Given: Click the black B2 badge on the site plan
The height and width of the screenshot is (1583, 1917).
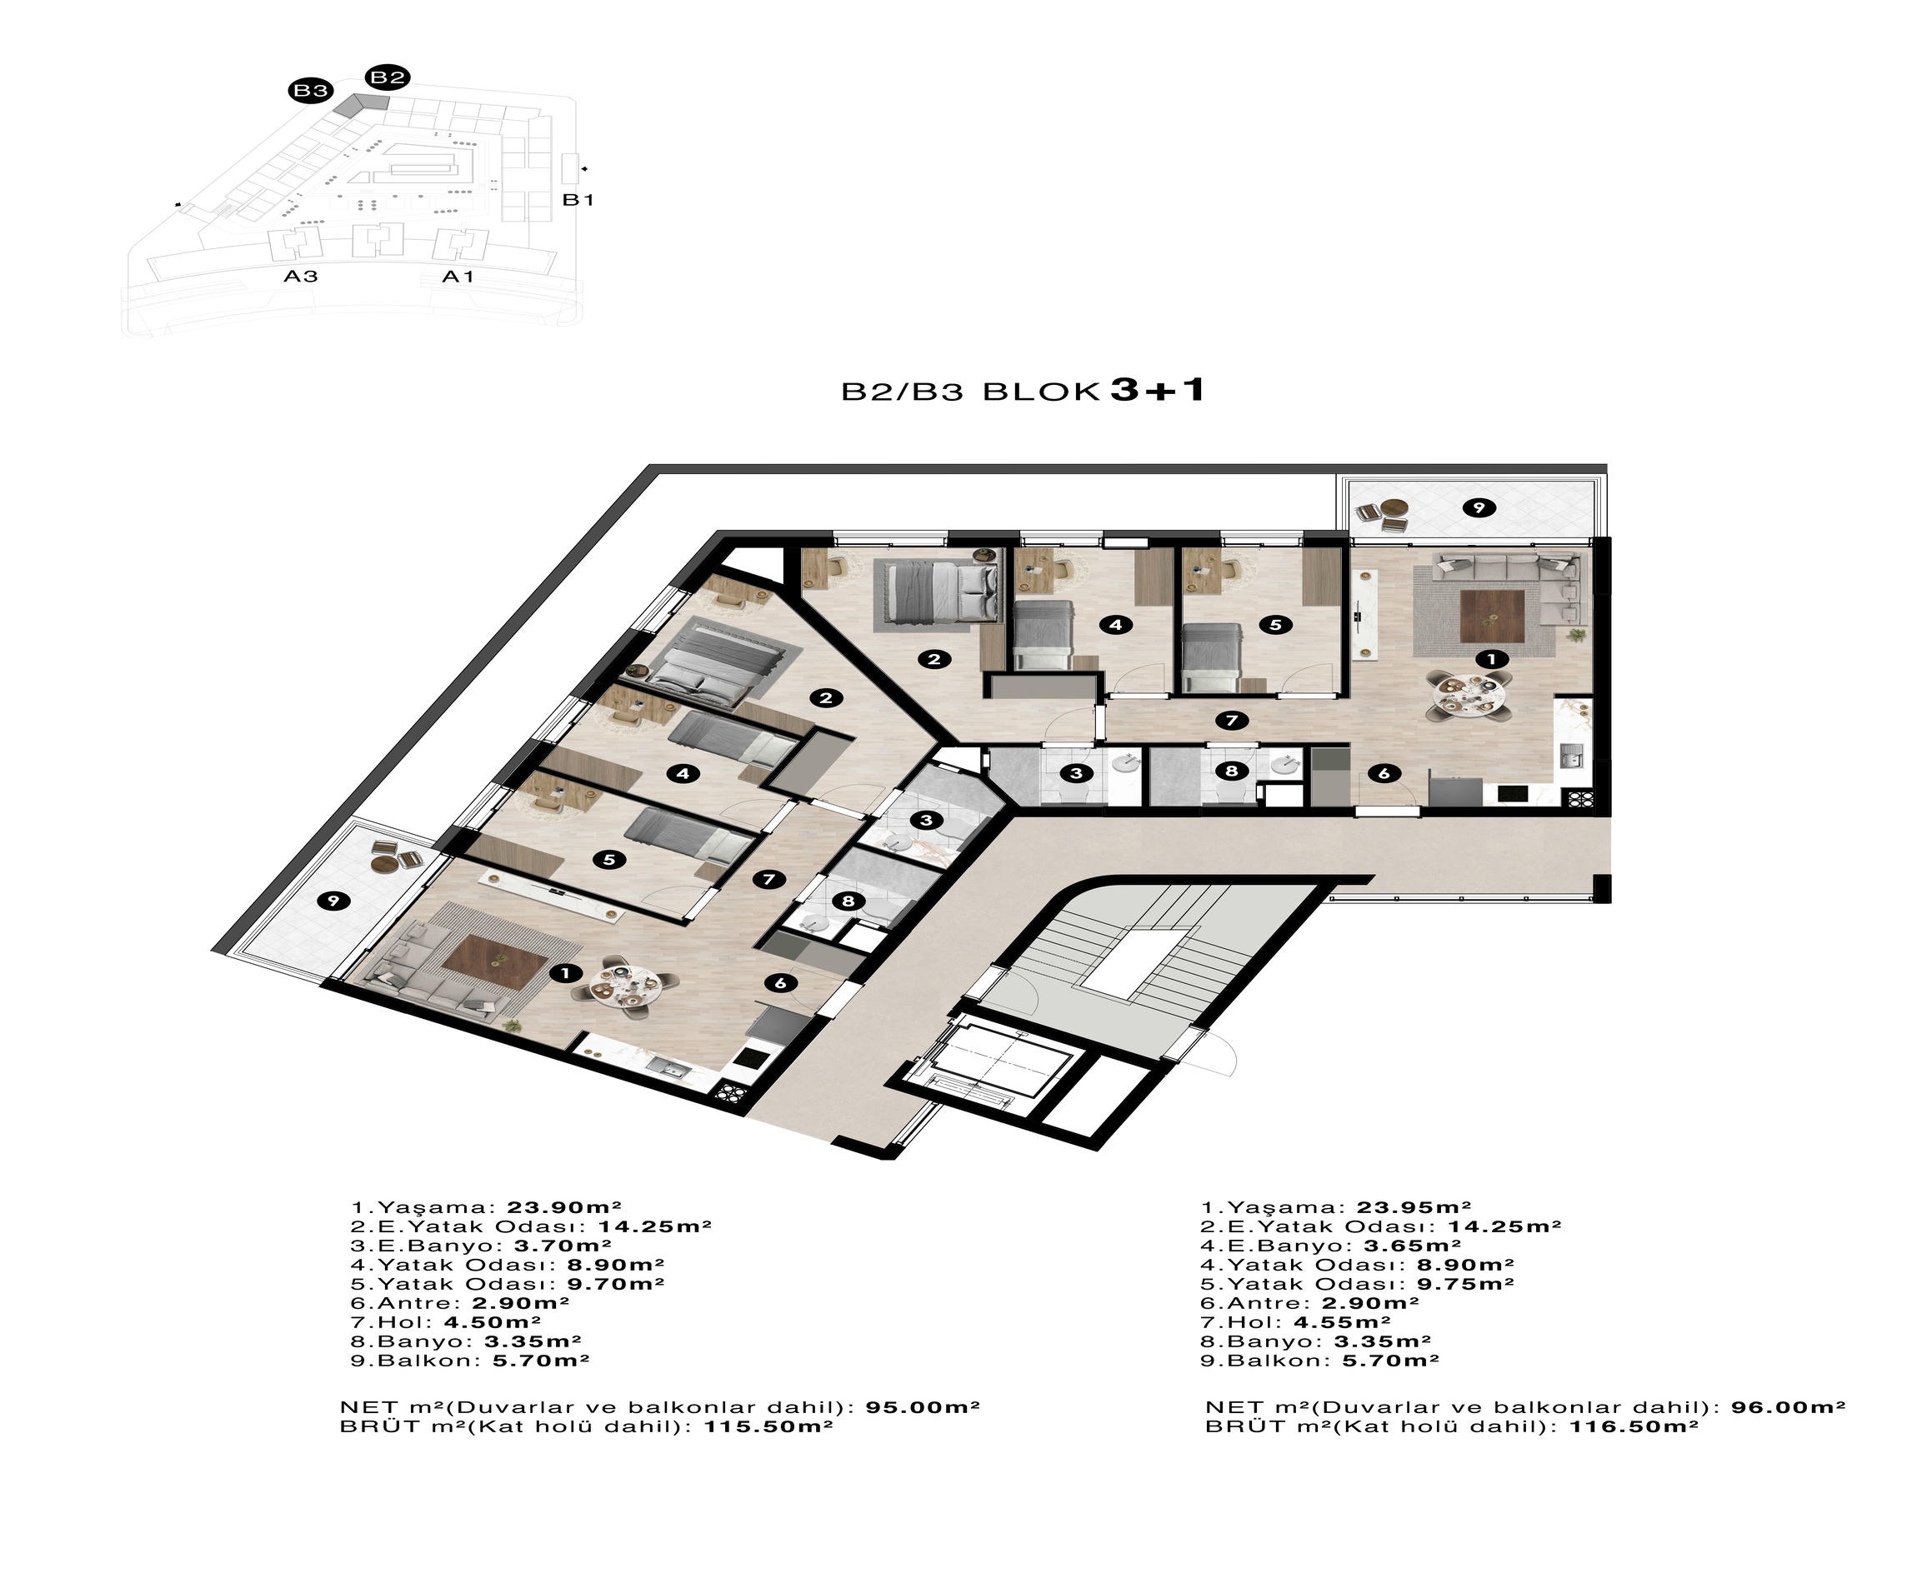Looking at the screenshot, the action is coord(387,77).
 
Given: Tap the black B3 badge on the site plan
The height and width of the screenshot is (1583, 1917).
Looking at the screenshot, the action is coord(310,90).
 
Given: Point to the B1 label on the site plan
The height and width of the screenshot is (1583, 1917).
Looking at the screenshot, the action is coord(578,200).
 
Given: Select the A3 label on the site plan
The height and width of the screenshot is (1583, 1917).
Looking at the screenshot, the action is coord(300,276).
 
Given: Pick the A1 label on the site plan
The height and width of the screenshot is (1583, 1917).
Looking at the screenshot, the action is coord(458,277).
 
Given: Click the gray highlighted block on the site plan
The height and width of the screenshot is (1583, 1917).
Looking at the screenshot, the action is coord(361,104).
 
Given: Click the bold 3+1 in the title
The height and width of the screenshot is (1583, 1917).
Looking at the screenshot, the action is coord(1158,390).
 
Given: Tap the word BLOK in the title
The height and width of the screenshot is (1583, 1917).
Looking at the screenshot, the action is coord(1040,392).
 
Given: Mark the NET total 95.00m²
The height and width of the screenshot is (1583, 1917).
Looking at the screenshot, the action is coord(923,1407).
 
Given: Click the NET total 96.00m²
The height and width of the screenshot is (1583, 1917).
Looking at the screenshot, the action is coord(1789,1407).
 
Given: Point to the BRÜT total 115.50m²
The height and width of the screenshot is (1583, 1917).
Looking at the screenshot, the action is coord(768,1426).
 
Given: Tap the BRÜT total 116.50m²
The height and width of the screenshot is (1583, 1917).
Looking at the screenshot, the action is coord(1634,1426).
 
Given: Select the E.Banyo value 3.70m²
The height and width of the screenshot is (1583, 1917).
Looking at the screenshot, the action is coord(563,1246).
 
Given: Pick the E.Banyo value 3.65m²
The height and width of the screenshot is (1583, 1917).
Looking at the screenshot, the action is coord(1413,1246).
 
